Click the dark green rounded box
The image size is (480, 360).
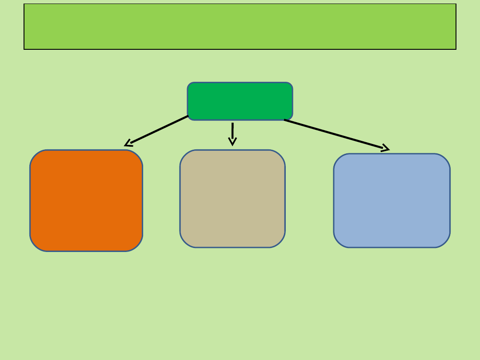pyautogui.click(x=240, y=101)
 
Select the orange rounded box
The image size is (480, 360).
pyautogui.click(x=86, y=200)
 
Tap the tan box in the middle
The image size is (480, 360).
pyautogui.click(x=232, y=199)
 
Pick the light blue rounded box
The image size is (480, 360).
pyautogui.click(x=392, y=200)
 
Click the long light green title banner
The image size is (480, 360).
pyautogui.click(x=240, y=27)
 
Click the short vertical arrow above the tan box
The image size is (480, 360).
pyautogui.click(x=232, y=131)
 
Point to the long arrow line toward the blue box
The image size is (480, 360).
pyautogui.click(x=333, y=134)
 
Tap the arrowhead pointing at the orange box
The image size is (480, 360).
pyautogui.click(x=128, y=144)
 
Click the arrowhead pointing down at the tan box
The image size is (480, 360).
pyautogui.click(x=232, y=142)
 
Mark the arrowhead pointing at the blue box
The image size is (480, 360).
pyautogui.click(x=386, y=148)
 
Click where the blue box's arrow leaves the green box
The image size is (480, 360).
pyautogui.click(x=285, y=120)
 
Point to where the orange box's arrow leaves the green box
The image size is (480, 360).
pyautogui.click(x=188, y=116)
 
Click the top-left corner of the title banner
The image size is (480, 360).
pyautogui.click(x=24, y=4)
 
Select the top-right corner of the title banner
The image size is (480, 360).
pyautogui.click(x=456, y=4)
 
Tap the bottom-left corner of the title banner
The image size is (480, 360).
pyautogui.click(x=24, y=49)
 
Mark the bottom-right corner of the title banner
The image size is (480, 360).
pyautogui.click(x=456, y=49)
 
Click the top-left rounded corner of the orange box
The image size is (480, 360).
pyautogui.click(x=36, y=156)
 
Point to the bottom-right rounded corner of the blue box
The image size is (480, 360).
pyautogui.click(x=445, y=242)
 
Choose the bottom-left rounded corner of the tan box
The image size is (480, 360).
pyautogui.click(x=185, y=242)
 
